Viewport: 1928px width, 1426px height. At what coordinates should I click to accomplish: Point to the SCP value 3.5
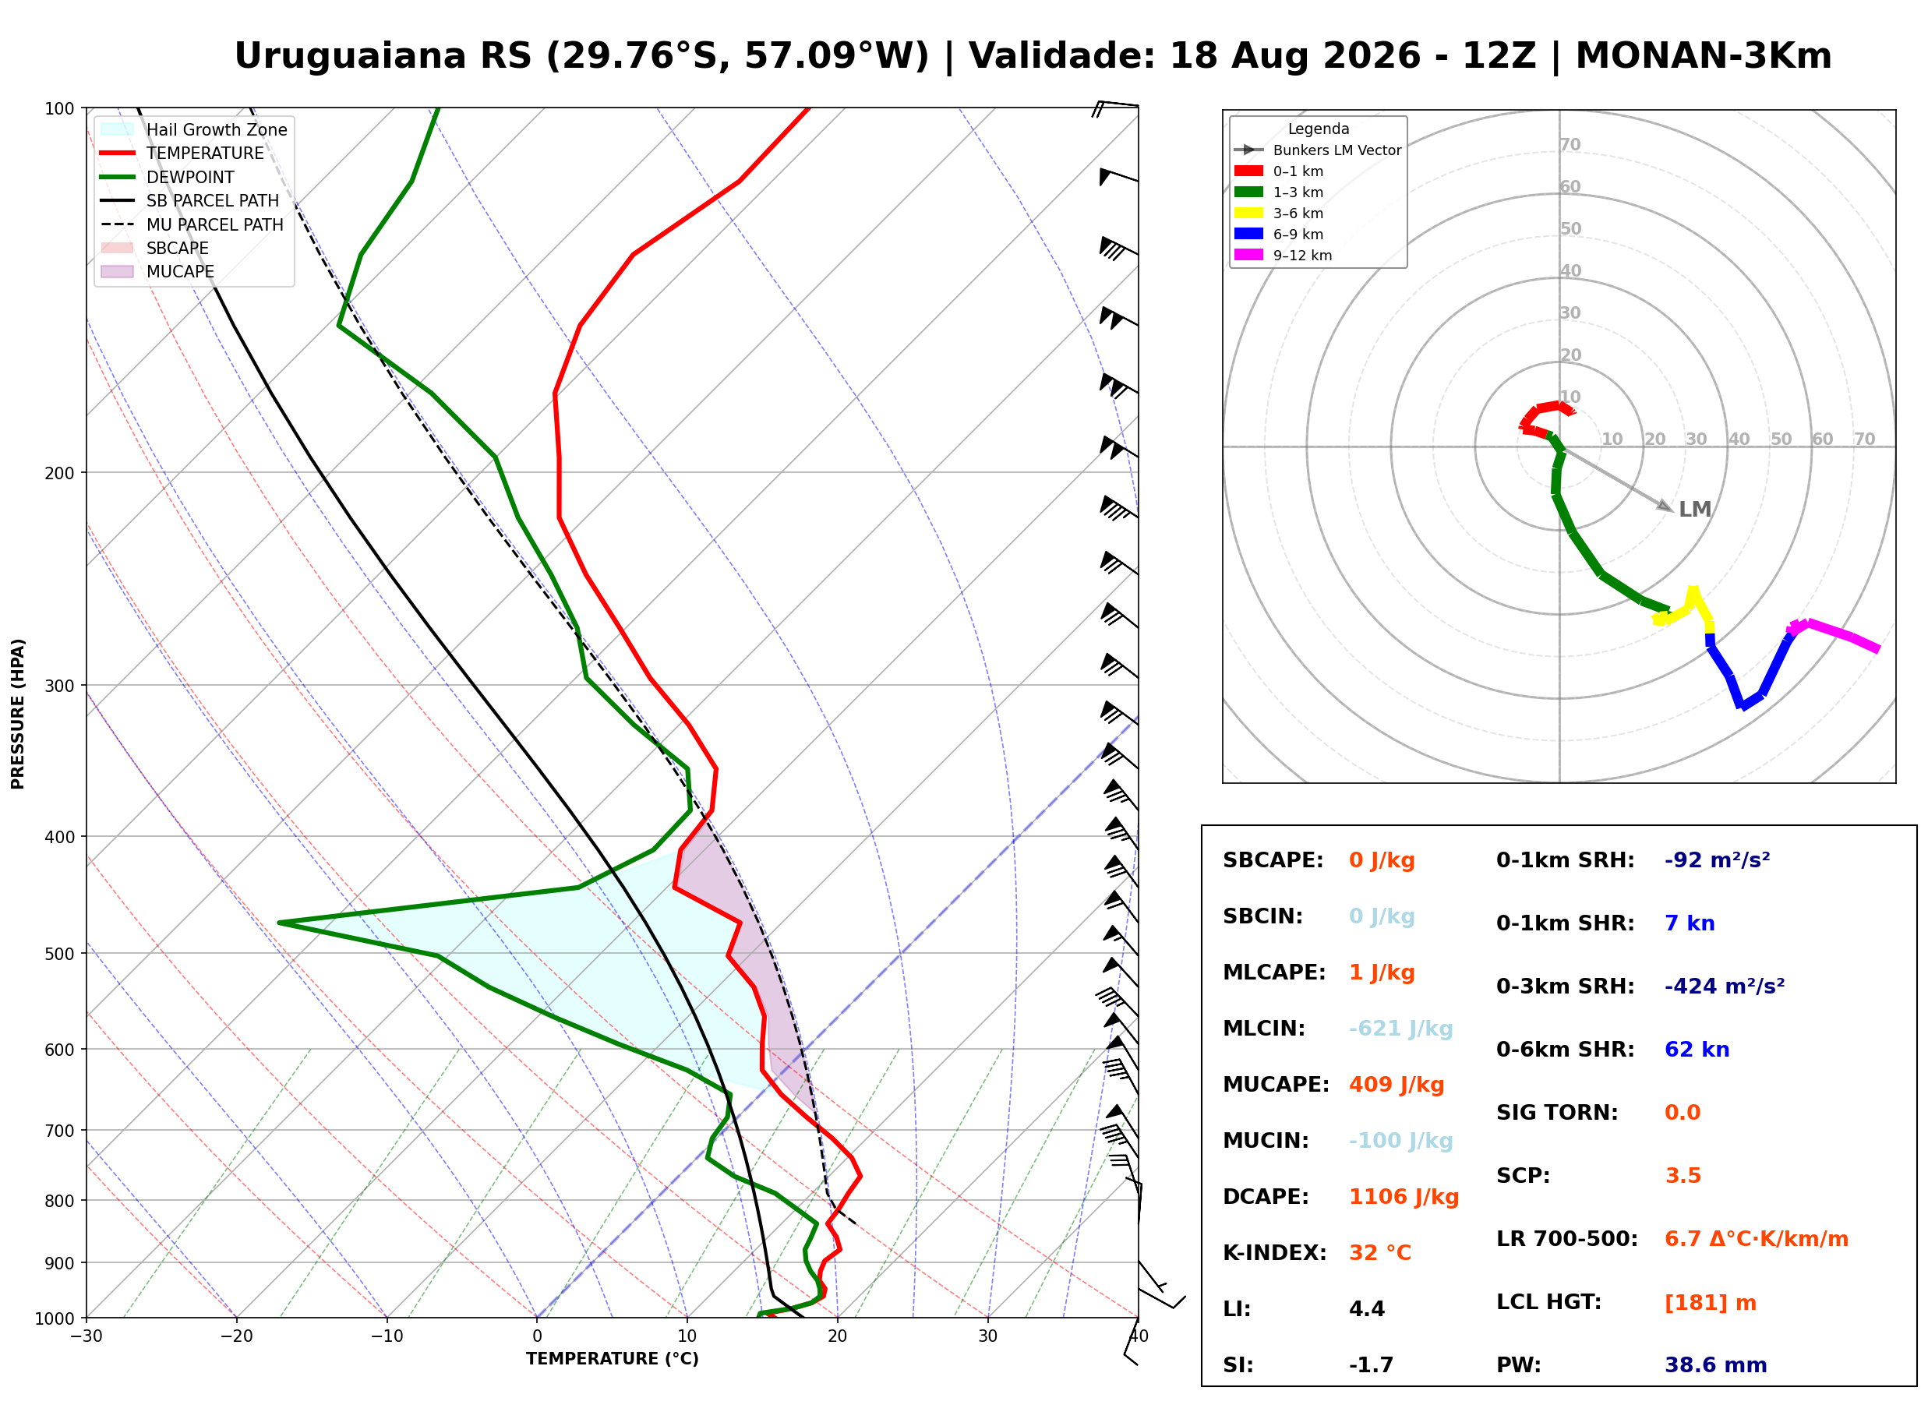tap(1682, 1176)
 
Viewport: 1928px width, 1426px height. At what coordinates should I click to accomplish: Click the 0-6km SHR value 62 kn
tap(1697, 1050)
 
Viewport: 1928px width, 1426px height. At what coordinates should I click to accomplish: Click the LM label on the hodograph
tap(1694, 510)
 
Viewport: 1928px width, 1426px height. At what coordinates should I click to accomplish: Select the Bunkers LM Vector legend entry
tap(1317, 150)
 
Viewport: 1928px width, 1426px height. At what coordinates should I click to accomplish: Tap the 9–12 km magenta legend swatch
tap(1248, 255)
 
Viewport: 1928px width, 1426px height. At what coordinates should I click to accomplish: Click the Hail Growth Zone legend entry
tap(193, 129)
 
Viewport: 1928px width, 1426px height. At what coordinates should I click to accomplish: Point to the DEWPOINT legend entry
tap(168, 177)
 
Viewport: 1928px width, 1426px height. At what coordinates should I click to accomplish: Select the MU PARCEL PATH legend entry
tap(192, 224)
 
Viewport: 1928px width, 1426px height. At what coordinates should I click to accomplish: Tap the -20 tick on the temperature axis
tap(236, 1336)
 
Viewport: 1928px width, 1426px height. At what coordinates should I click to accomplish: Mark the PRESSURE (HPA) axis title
tap(17, 713)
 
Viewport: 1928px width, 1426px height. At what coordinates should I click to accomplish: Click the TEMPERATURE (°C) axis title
tap(612, 1359)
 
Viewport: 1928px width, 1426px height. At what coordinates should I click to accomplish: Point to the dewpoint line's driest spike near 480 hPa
tap(280, 923)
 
